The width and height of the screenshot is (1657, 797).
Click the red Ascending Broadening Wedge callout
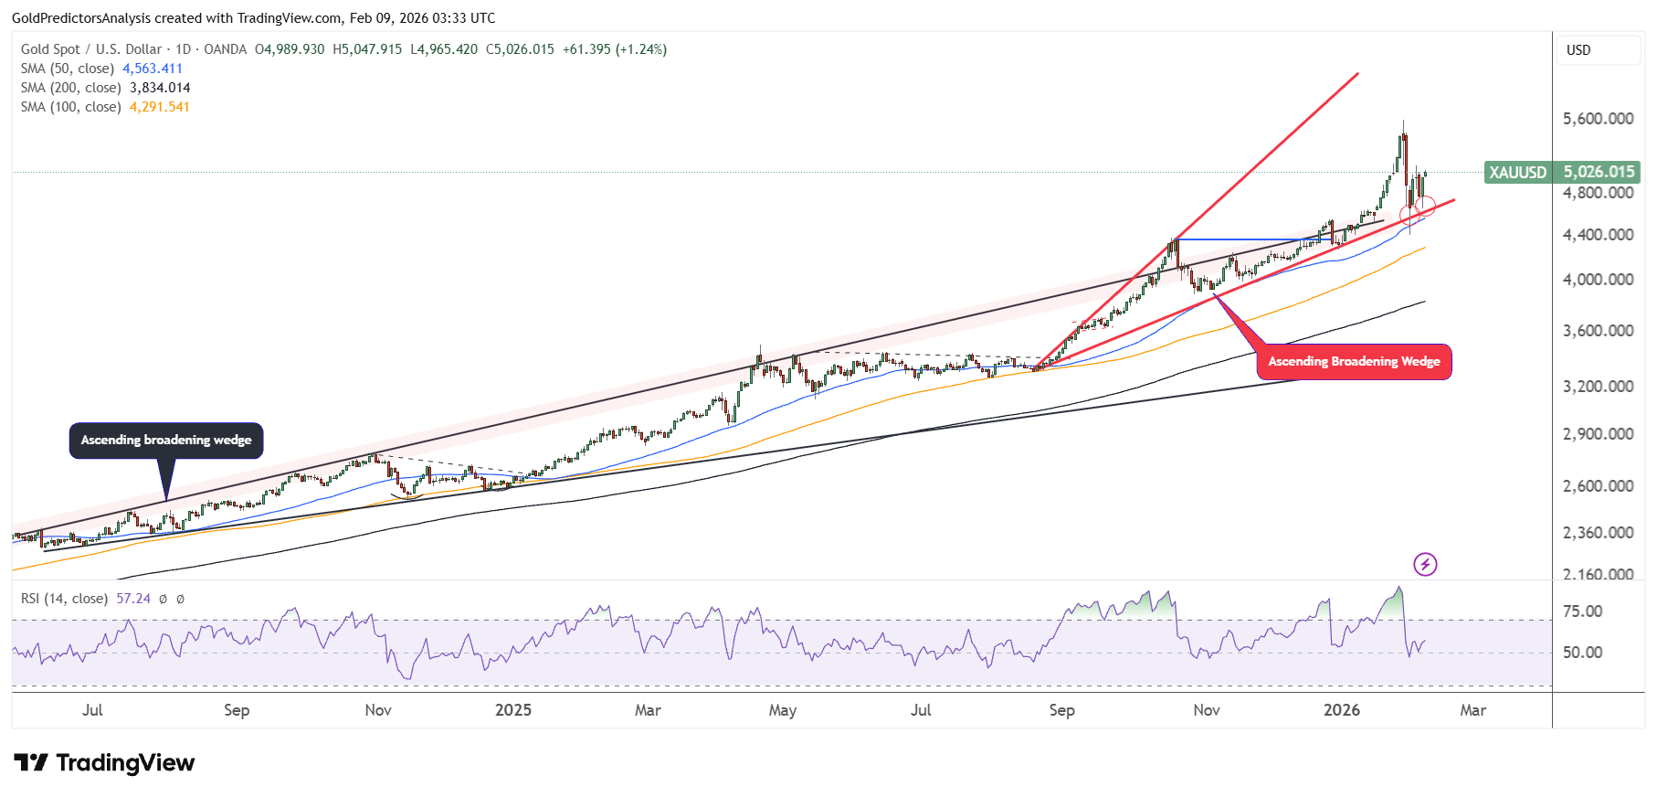(1354, 362)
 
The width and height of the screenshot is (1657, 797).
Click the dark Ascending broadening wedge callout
(166, 441)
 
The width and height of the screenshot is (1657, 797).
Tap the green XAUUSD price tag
(1562, 172)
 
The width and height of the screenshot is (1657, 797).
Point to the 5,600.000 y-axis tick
(1598, 119)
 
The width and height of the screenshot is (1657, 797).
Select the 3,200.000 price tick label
(1598, 387)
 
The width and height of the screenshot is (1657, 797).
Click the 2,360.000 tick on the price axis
(1598, 533)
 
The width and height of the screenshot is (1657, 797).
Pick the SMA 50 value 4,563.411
(153, 69)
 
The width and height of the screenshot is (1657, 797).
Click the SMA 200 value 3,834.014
(160, 88)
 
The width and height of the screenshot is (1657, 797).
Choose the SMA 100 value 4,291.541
(160, 107)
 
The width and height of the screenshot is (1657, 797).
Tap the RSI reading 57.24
(133, 599)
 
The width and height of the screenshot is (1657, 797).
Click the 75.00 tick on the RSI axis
(1582, 611)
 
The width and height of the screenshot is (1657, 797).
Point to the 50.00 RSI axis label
(1582, 653)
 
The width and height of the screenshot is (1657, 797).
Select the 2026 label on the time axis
(1341, 710)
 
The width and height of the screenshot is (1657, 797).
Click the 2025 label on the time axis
(512, 710)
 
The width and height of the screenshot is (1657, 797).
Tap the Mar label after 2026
(1472, 710)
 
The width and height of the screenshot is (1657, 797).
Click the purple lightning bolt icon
(1425, 565)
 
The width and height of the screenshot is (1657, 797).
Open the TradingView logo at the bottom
(104, 762)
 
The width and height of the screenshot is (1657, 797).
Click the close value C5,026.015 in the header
(520, 49)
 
